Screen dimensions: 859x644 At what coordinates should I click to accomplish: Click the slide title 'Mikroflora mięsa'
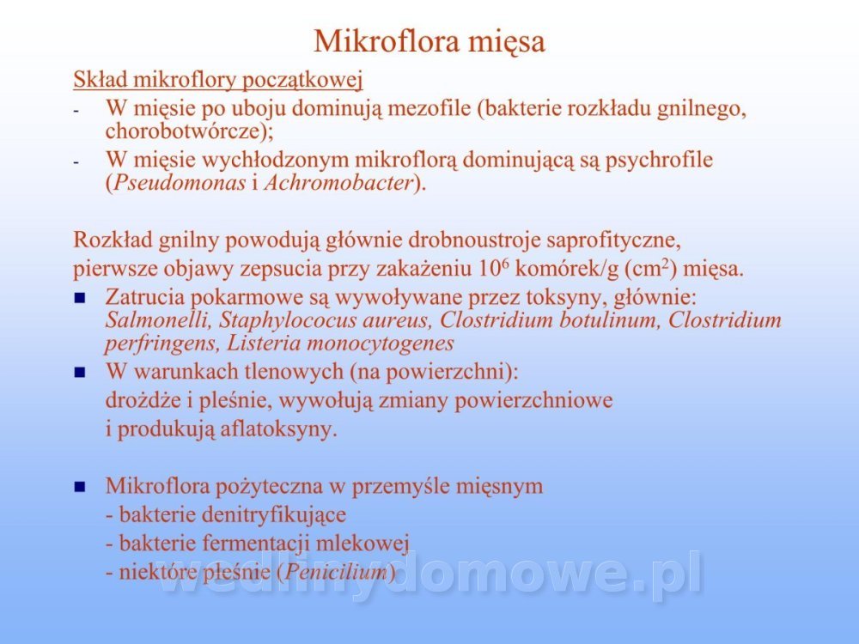point(429,41)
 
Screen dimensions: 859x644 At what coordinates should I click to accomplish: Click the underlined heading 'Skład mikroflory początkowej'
point(218,80)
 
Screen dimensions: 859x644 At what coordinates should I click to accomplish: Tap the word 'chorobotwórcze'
point(186,131)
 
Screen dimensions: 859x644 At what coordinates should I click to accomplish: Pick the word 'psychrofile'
point(659,161)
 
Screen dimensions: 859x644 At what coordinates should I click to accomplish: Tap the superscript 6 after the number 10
point(505,264)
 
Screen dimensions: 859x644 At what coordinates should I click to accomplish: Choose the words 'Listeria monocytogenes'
point(340,344)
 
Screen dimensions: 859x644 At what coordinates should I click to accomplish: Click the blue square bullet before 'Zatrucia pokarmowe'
point(80,298)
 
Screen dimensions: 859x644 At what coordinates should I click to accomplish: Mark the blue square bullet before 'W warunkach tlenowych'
point(80,373)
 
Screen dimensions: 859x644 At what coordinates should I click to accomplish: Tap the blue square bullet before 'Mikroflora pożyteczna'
point(80,486)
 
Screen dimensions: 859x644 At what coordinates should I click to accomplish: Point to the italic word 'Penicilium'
point(337,571)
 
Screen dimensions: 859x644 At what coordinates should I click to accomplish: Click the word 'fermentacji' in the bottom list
point(257,544)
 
